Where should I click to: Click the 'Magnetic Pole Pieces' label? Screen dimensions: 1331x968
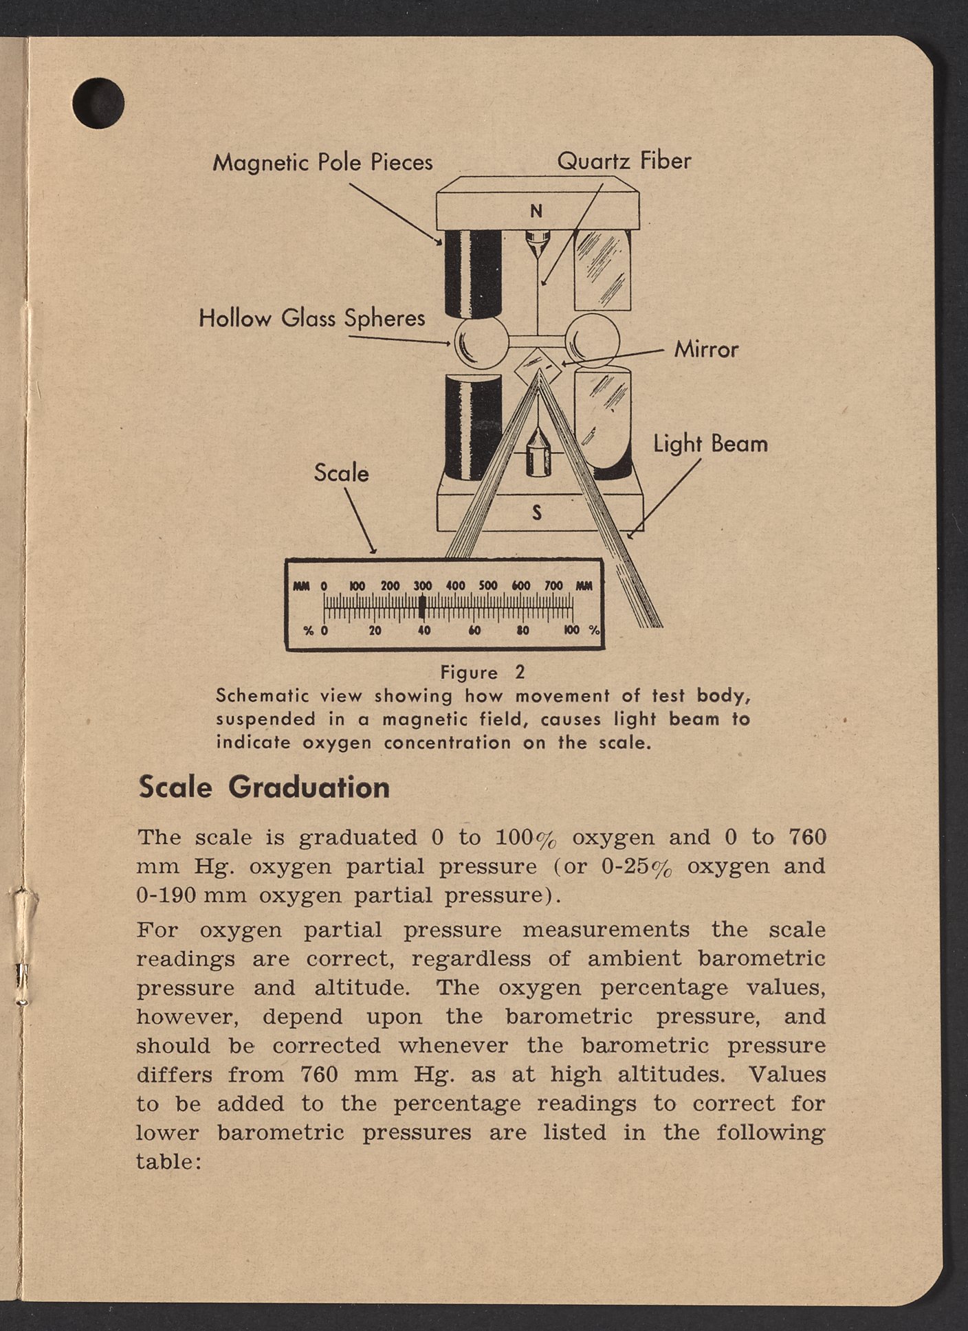(322, 162)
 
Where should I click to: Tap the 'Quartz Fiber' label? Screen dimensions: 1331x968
(624, 161)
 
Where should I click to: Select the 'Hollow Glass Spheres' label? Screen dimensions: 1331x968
(311, 318)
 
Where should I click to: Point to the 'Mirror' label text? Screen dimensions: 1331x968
(706, 349)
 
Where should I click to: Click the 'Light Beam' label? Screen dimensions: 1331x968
(710, 444)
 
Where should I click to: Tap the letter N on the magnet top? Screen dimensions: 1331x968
(536, 211)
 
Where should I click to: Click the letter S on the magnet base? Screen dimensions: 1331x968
(537, 512)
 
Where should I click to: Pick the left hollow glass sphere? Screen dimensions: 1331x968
(481, 342)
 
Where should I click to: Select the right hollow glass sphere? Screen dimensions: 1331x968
(592, 339)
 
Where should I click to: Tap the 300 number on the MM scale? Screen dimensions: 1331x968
(422, 586)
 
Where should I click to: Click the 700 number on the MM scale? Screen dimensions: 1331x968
(553, 586)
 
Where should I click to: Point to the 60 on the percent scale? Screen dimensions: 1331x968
(474, 630)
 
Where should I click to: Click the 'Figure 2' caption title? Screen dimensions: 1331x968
(483, 673)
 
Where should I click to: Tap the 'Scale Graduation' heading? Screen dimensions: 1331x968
(264, 787)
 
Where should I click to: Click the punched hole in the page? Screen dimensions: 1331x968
(98, 103)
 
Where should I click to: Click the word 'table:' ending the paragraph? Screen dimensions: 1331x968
(168, 1162)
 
